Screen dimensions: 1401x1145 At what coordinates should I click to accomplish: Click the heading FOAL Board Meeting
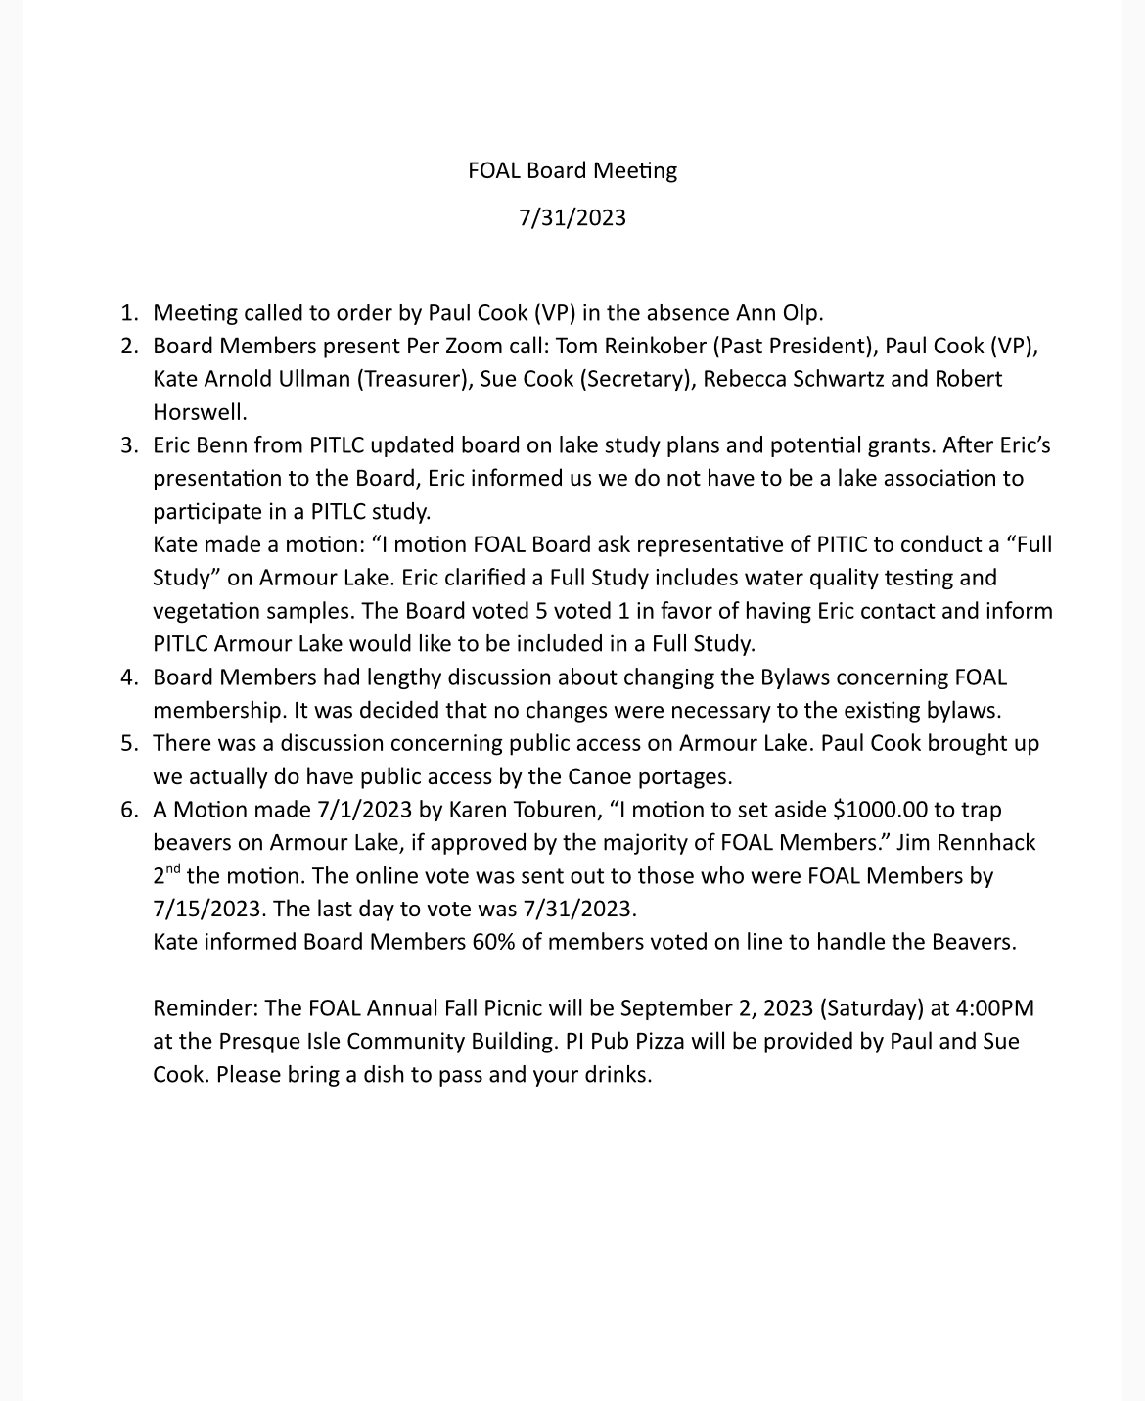[572, 170]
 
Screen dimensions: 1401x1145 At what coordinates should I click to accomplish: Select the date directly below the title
[572, 216]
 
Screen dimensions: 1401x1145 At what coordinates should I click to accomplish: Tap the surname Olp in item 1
[802, 313]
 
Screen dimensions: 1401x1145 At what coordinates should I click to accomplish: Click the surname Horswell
[200, 412]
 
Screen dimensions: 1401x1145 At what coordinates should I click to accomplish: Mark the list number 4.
[128, 677]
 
